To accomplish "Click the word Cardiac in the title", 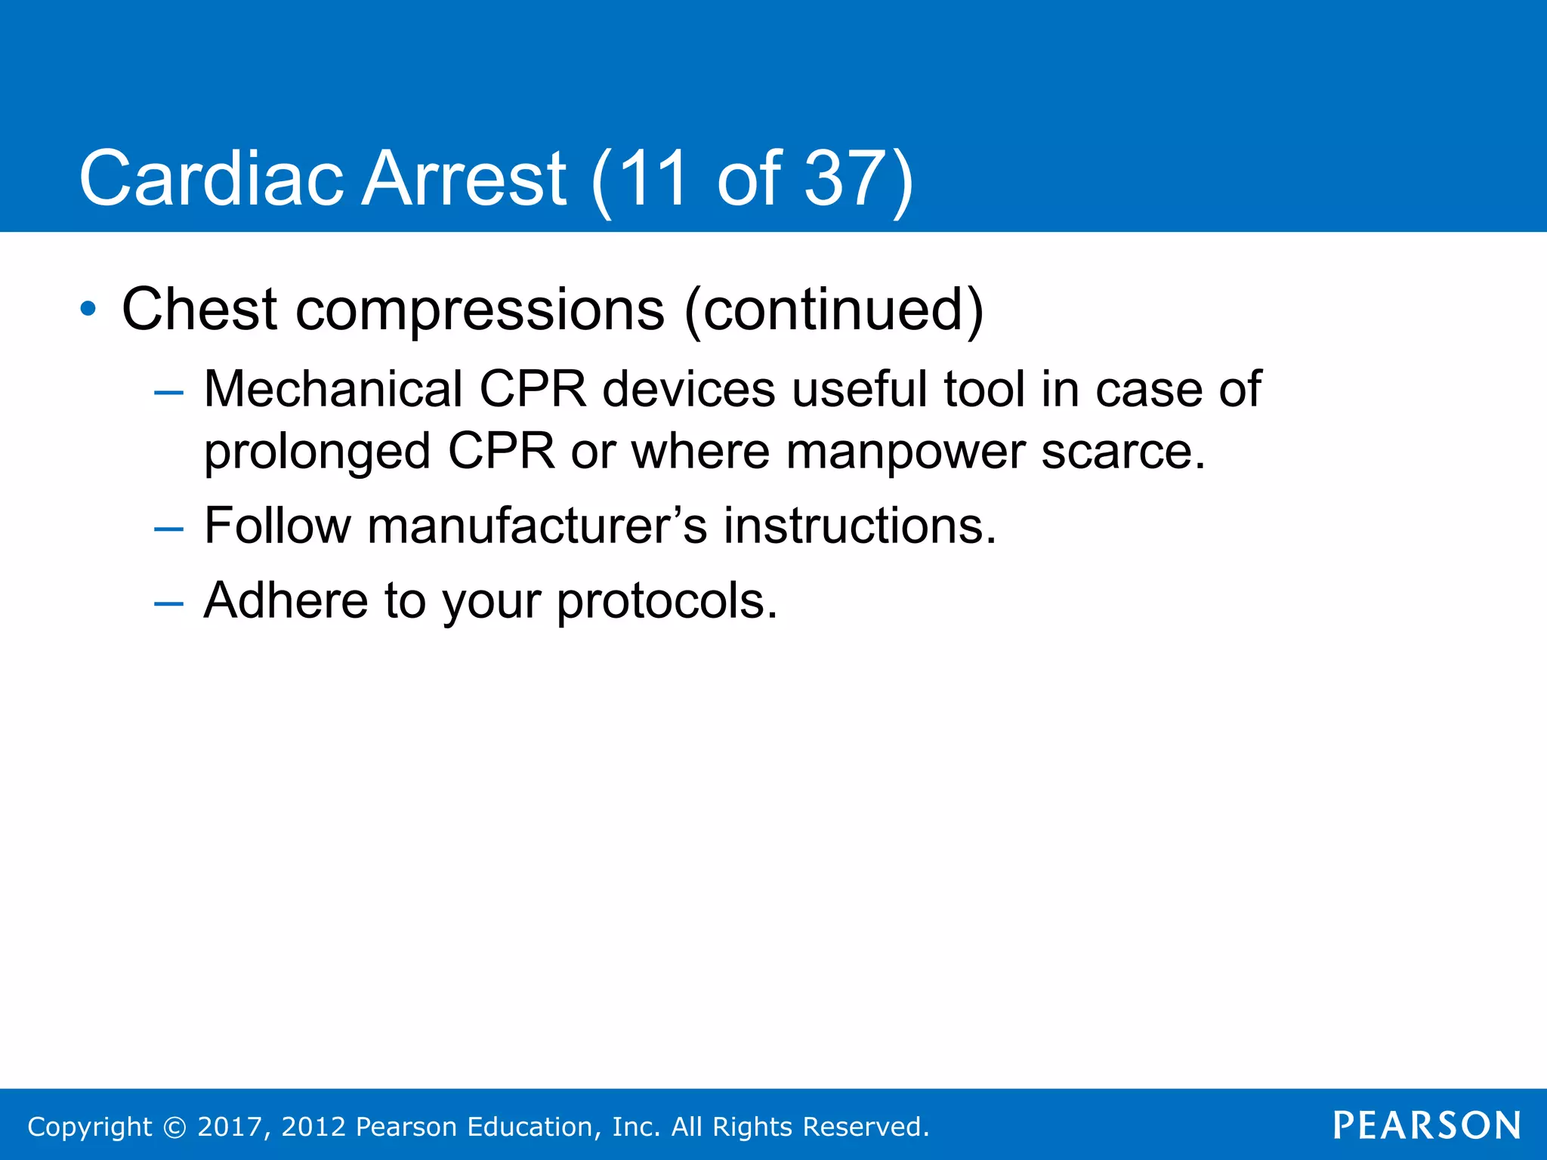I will [212, 179].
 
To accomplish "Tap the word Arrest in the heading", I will [464, 179].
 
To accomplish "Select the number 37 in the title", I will [845, 179].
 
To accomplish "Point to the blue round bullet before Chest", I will [88, 309].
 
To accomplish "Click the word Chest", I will [199, 309].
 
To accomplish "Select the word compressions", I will [480, 310].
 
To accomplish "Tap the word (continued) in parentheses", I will [833, 310].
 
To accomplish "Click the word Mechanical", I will [332, 390].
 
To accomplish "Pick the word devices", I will [688, 390].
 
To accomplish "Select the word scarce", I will [1122, 452].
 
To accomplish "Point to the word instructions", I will [860, 526].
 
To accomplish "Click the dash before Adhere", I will [168, 603].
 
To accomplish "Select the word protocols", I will [666, 603].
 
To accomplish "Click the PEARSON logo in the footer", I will [1426, 1126].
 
